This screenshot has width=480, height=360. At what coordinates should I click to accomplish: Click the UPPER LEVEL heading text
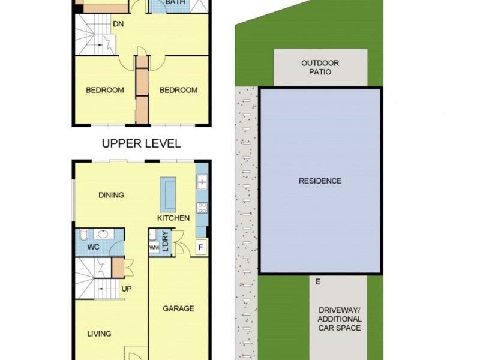pyautogui.click(x=141, y=144)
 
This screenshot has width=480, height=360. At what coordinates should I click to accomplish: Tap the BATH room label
pyautogui.click(x=175, y=2)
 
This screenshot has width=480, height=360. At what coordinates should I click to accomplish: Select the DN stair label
pyautogui.click(x=118, y=25)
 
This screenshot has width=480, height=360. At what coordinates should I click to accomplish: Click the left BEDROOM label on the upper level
pyautogui.click(x=105, y=91)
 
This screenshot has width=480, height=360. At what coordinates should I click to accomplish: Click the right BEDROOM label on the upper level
pyautogui.click(x=178, y=91)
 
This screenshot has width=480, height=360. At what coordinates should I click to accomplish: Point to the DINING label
pyautogui.click(x=112, y=195)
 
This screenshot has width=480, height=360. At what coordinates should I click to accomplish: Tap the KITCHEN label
pyautogui.click(x=173, y=218)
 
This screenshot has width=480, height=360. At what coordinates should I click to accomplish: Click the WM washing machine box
pyautogui.click(x=153, y=247)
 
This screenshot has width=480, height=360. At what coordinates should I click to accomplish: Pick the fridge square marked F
pyautogui.click(x=200, y=247)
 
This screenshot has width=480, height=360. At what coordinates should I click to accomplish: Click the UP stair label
pyautogui.click(x=127, y=289)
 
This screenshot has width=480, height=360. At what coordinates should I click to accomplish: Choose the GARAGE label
pyautogui.click(x=178, y=309)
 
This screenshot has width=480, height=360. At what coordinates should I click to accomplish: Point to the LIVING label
pyautogui.click(x=99, y=334)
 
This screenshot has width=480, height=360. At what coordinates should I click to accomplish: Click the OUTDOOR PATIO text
pyautogui.click(x=320, y=67)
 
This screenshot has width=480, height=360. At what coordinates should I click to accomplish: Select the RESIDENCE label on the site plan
pyautogui.click(x=320, y=181)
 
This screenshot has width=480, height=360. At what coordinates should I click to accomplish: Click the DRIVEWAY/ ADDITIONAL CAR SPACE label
pyautogui.click(x=340, y=319)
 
